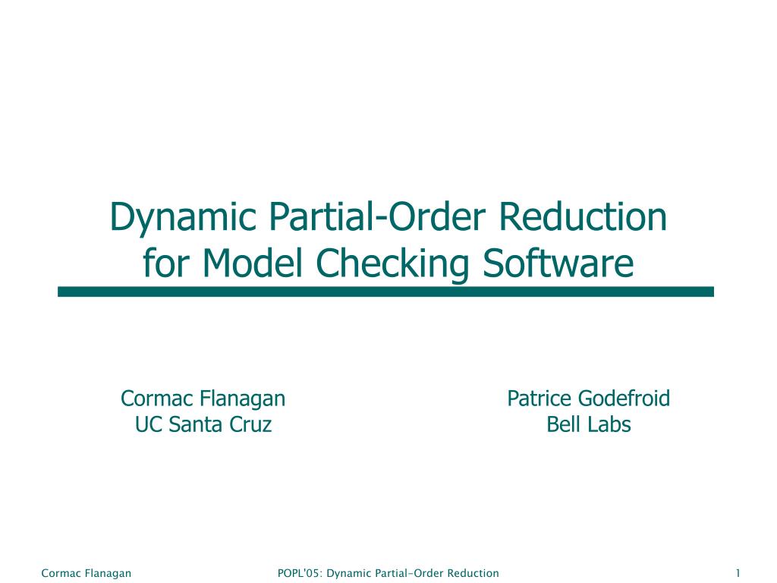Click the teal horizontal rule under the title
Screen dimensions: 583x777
tap(385, 291)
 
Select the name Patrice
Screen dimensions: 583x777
tap(539, 398)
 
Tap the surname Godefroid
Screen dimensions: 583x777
tap(624, 398)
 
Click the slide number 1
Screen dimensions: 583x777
tap(738, 573)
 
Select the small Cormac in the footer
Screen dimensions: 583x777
tap(58, 573)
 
